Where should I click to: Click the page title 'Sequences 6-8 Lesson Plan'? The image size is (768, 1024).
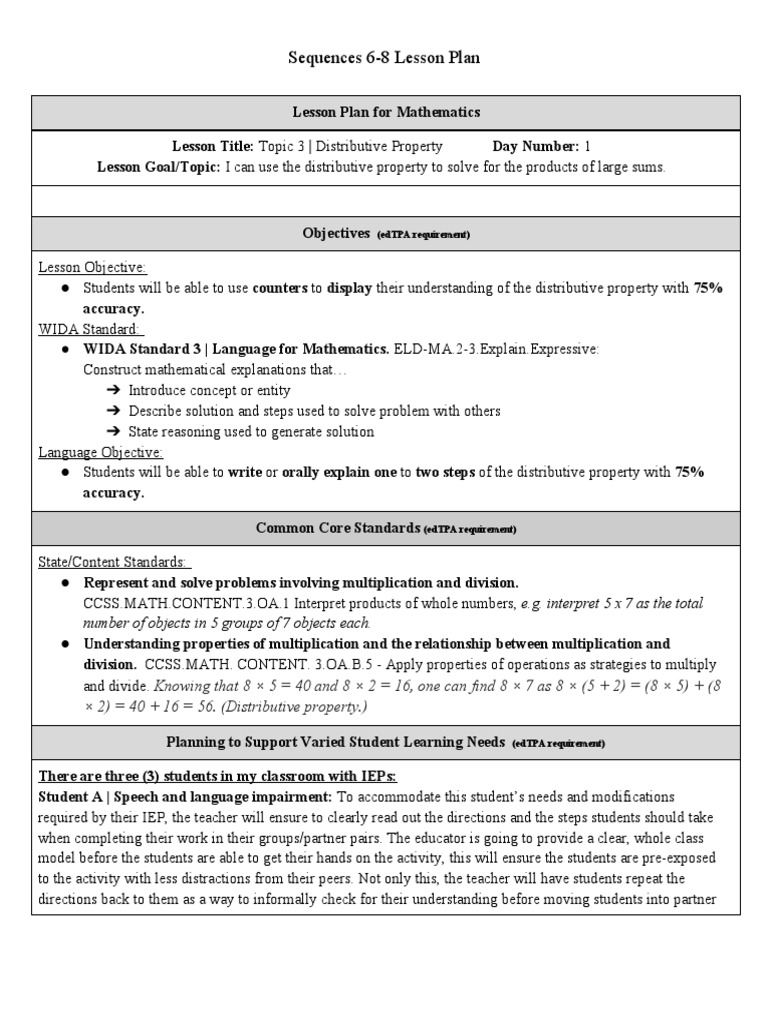coord(384,58)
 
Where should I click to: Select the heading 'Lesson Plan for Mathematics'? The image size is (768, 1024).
coord(385,112)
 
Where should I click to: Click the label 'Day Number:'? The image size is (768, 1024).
coord(535,146)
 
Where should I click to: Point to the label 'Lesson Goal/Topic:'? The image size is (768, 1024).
coord(158,167)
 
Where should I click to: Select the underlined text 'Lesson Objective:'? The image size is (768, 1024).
coord(92,267)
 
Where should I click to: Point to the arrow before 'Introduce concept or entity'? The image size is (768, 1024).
coord(112,391)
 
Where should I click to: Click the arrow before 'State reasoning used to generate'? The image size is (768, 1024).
coord(112,432)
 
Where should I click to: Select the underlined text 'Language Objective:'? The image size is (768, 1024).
coord(100,452)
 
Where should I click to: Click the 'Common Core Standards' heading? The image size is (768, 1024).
coord(338,528)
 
